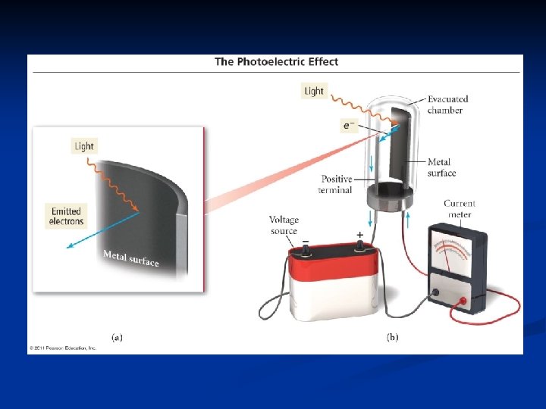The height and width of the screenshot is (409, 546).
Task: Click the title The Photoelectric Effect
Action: [276, 62]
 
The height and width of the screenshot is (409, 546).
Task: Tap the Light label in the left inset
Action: [84, 146]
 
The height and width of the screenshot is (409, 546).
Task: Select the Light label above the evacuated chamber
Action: [313, 91]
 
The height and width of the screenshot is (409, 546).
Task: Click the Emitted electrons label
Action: [66, 216]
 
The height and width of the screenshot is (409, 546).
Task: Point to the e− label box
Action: [350, 125]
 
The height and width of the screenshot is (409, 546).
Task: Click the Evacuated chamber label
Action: [447, 105]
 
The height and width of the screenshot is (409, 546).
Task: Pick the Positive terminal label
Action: [336, 184]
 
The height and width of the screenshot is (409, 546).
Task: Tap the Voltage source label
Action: [284, 225]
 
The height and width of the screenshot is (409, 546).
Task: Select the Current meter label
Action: [459, 208]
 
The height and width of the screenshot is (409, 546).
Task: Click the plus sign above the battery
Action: [359, 235]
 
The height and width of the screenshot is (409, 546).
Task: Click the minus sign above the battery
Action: [305, 242]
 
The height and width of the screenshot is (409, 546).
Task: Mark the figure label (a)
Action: [118, 337]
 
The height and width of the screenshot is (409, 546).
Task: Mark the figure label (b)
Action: [393, 337]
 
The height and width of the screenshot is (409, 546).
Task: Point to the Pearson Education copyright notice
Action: [63, 348]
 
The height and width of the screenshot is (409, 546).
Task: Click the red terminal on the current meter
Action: [463, 301]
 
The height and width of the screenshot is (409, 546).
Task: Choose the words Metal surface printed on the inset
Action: [130, 258]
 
